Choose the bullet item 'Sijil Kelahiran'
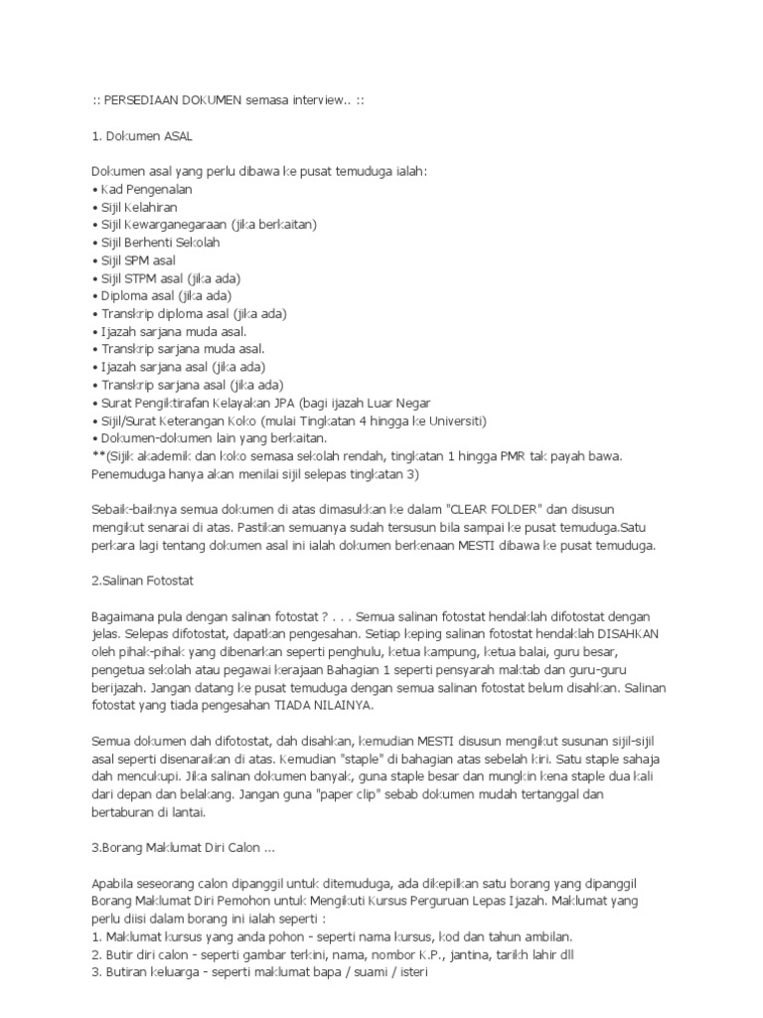(x=141, y=207)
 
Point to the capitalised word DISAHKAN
(x=622, y=634)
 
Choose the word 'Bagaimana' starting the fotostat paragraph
(x=123, y=616)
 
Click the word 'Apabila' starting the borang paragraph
(x=114, y=883)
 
